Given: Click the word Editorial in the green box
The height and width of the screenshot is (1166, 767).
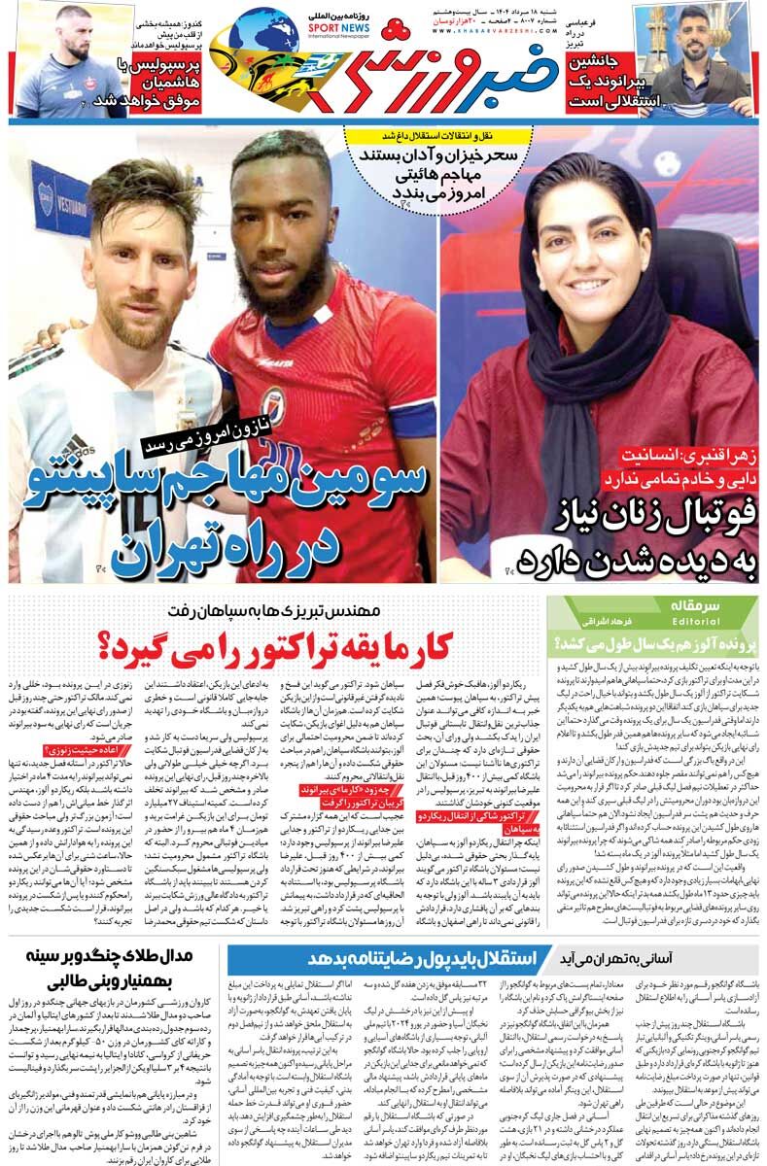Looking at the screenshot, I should coord(694,621).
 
